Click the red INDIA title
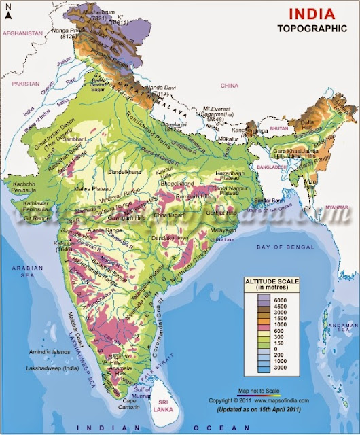coord(312,14)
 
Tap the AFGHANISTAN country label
coord(22,33)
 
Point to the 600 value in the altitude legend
coord(280,334)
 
